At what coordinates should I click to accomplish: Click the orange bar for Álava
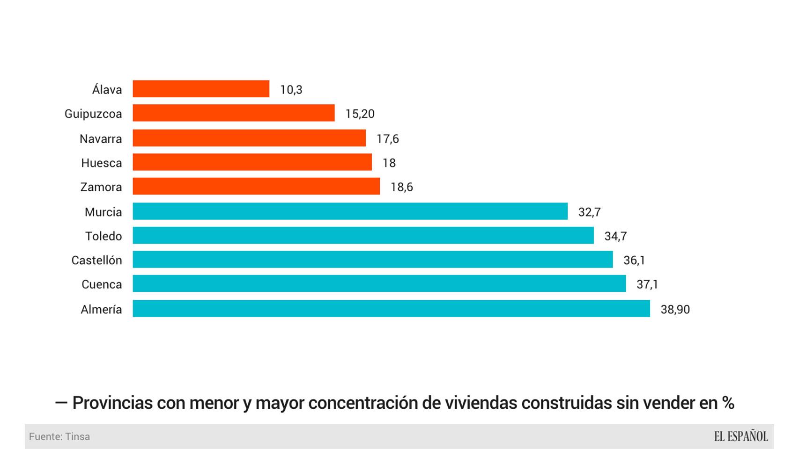(201, 89)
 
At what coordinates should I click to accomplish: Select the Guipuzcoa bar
(233, 113)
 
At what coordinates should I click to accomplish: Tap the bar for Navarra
(249, 138)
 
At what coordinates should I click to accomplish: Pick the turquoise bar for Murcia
(350, 211)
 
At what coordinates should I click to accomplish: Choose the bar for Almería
(391, 309)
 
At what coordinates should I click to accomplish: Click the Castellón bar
(372, 260)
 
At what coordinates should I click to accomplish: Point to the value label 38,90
(675, 309)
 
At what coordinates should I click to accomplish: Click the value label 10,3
(291, 89)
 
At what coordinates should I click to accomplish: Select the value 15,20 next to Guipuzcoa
(360, 114)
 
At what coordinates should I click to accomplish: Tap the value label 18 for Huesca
(389, 163)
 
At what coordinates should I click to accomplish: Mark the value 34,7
(615, 236)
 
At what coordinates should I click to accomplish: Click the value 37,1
(647, 284)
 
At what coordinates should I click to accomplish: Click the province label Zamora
(101, 187)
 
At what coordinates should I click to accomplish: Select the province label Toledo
(104, 236)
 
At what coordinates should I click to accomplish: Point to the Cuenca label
(102, 284)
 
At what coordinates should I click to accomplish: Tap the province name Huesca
(101, 163)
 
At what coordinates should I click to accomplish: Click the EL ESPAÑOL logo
(740, 436)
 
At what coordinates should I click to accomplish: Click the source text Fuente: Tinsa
(59, 436)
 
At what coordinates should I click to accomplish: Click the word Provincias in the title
(112, 403)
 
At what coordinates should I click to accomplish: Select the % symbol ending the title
(728, 403)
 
